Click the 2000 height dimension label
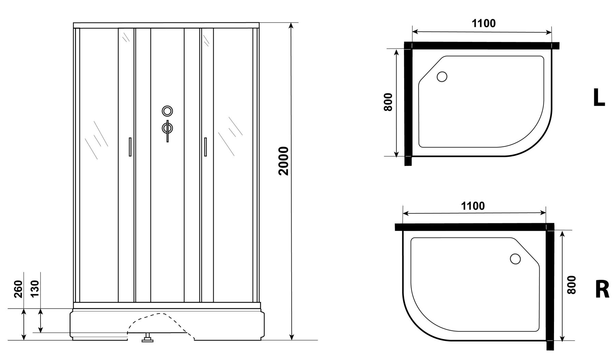point(283,161)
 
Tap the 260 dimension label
point(18,289)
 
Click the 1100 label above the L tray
point(484,23)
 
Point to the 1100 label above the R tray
point(473,206)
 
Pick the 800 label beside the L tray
point(389,102)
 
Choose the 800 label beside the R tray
point(571,285)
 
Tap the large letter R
point(602,289)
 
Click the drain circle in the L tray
point(442,77)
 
